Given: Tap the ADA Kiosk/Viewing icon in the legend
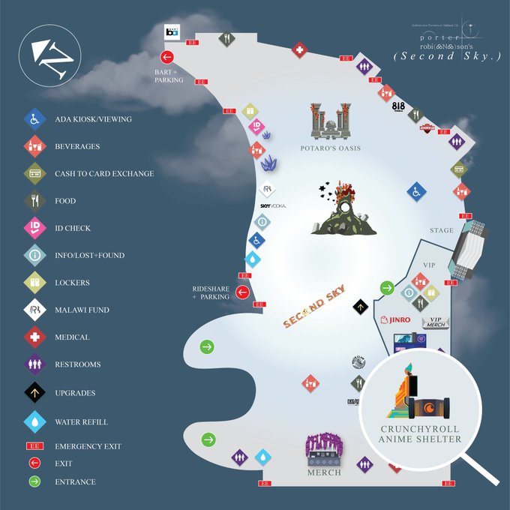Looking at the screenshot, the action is pos(34,118).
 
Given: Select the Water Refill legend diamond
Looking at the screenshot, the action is pos(34,421).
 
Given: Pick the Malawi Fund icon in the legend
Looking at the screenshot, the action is pos(34,310).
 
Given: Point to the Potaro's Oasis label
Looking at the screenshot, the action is pos(331,148).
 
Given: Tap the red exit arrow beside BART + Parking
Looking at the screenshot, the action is pos(167,57).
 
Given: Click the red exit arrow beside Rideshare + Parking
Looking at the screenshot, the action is pos(242,292).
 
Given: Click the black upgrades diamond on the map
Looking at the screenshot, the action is pos(361,305).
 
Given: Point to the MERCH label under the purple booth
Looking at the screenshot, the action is pos(323,472).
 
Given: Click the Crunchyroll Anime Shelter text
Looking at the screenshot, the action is pos(420,433).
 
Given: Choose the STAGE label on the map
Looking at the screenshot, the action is pos(442,230).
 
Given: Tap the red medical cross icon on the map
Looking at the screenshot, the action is pos(298,50).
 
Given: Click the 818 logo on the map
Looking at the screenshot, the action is pos(399,106).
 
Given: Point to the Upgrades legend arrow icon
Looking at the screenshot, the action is pos(34,392).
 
